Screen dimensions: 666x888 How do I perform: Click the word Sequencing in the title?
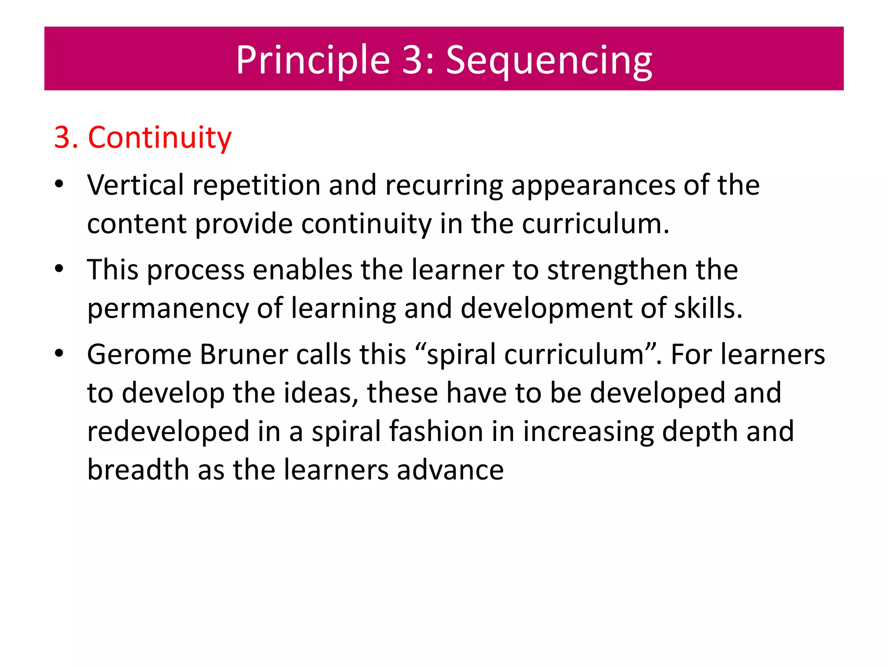point(549,61)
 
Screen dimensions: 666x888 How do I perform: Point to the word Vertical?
point(135,185)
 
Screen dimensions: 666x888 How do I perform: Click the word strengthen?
point(617,271)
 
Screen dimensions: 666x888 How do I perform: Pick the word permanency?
point(168,310)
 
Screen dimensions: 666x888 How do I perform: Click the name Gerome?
point(139,355)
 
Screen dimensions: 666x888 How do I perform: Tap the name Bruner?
point(244,355)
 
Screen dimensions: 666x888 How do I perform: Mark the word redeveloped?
point(168,432)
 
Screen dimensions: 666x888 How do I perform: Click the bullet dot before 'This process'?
point(59,269)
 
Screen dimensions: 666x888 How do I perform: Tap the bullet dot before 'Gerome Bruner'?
point(59,353)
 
